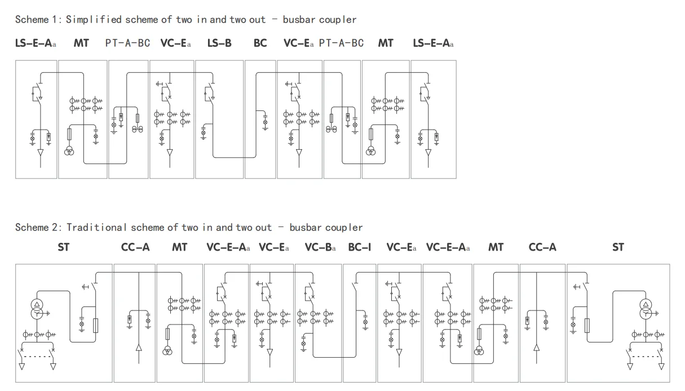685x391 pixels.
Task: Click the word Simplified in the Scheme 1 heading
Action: tap(94, 20)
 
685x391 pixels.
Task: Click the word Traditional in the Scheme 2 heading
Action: tap(96, 228)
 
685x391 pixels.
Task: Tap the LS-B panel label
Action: tap(219, 43)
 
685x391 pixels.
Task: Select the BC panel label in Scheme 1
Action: tap(260, 43)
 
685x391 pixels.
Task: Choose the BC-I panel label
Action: tap(359, 247)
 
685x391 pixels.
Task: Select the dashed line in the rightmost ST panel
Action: tap(646, 356)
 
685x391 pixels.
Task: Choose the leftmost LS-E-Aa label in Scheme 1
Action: tap(36, 43)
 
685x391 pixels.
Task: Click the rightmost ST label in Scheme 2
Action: tap(618, 247)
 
